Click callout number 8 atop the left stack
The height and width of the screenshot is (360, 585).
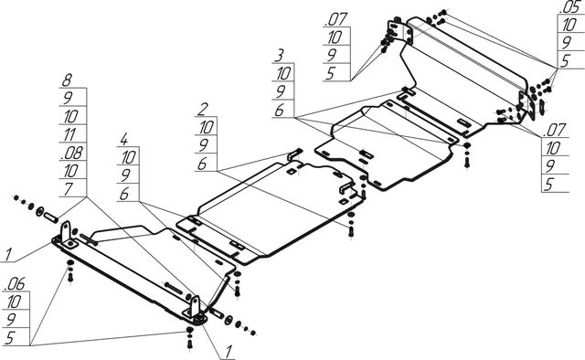[67, 79]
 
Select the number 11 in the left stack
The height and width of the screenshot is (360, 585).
[69, 134]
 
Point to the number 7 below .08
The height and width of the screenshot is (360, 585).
[68, 189]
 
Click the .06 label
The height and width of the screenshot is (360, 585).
[15, 284]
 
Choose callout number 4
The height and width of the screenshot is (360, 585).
[124, 140]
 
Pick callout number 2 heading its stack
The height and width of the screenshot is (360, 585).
[202, 110]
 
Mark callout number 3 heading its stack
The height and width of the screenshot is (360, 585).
[279, 56]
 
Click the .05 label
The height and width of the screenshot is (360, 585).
[569, 6]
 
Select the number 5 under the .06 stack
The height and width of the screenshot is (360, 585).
[9, 338]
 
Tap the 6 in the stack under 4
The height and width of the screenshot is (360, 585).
[124, 194]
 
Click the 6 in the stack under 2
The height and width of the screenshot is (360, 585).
[202, 164]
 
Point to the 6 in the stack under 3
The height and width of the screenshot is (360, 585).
[279, 111]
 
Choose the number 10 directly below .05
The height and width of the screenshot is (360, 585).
[569, 25]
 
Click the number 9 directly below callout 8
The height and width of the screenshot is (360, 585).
[68, 98]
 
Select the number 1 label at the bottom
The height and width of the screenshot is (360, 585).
[228, 352]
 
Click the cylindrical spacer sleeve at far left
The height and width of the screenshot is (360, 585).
[51, 217]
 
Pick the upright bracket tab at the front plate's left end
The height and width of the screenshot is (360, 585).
[67, 232]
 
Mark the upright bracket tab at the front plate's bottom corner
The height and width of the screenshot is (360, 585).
[195, 307]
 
